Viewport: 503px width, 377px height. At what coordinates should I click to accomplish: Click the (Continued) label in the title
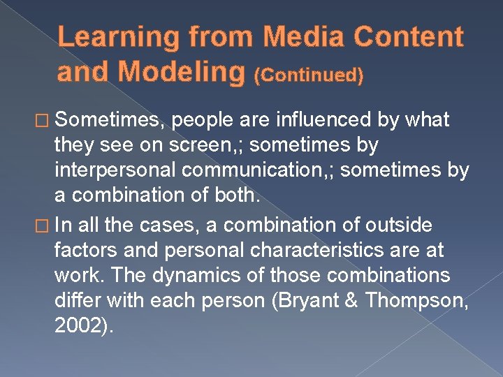309,75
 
